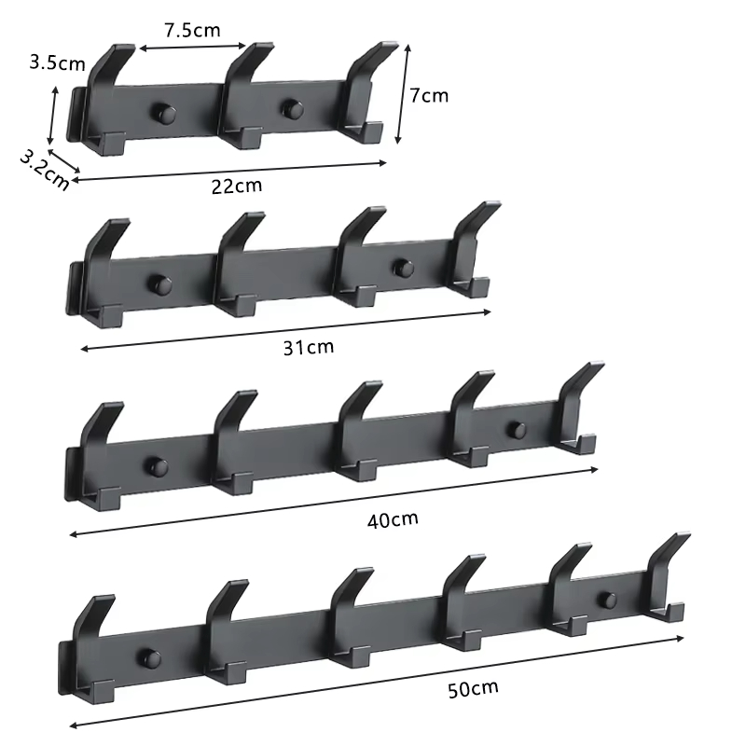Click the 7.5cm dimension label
pos(193,30)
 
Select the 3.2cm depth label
pos(44,169)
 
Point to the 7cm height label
pos(429,95)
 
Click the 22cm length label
pos(236,185)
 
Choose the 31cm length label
pos(308,348)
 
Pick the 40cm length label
pos(393,518)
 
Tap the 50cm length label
pos(473,690)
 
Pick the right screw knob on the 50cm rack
pos(608,599)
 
